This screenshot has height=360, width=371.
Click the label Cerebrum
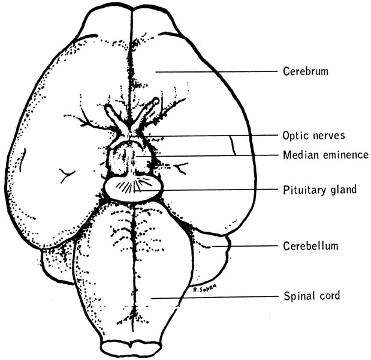(x=306, y=72)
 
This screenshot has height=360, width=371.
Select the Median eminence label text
(x=325, y=155)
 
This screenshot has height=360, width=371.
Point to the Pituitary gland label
(x=319, y=190)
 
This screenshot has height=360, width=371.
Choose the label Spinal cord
(x=312, y=296)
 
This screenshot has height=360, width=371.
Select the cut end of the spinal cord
(x=131, y=347)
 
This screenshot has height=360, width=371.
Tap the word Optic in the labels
(x=294, y=136)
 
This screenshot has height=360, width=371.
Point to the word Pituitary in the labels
(x=303, y=190)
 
